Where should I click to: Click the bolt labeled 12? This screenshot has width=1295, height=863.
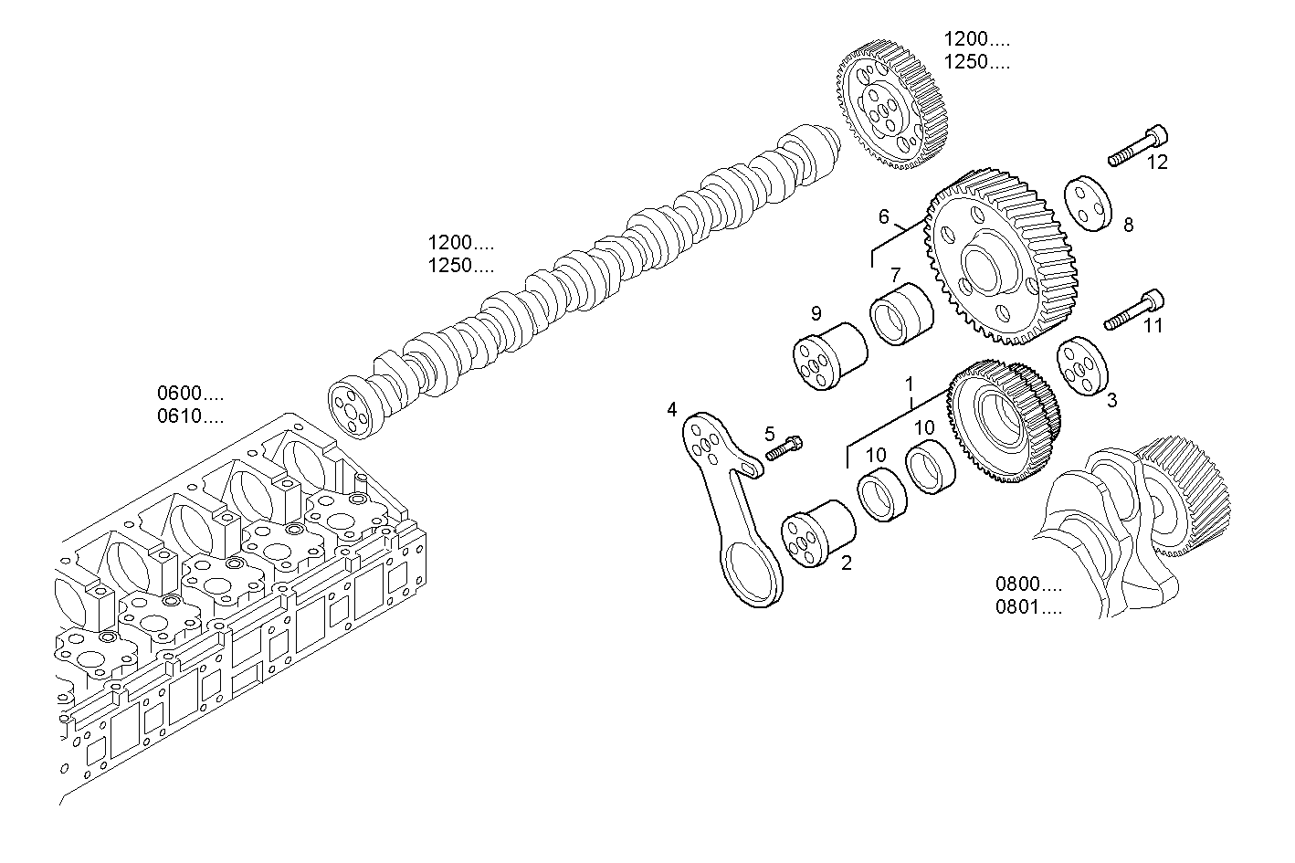(x=1138, y=146)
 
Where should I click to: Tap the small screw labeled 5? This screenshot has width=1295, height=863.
(x=784, y=448)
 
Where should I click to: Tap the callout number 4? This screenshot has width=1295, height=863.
(x=672, y=409)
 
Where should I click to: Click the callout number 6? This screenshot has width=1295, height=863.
(x=883, y=216)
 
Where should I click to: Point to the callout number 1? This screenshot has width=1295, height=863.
(x=909, y=384)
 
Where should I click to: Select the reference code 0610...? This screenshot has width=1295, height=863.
(x=190, y=417)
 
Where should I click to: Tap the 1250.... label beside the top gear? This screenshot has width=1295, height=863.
(x=976, y=63)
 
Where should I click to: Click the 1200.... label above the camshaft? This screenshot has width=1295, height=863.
(x=461, y=243)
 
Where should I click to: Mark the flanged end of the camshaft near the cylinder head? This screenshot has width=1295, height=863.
(x=351, y=408)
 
